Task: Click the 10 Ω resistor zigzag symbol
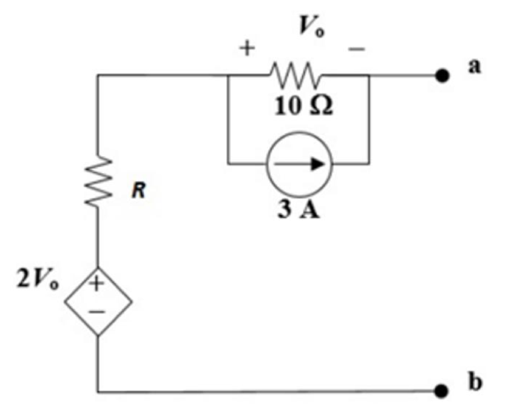pos(296,75)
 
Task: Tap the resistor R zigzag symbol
pos(98,183)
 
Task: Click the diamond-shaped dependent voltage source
pos(98,301)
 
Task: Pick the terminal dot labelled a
pos(442,75)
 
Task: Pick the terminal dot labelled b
pos(442,390)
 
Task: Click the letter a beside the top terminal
pos(473,67)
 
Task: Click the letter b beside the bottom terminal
pos(474,382)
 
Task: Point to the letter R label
pos(138,191)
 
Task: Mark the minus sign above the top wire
pos(356,49)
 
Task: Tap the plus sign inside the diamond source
pos(97,283)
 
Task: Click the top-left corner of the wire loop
pos(98,75)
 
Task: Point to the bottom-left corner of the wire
pos(98,390)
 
